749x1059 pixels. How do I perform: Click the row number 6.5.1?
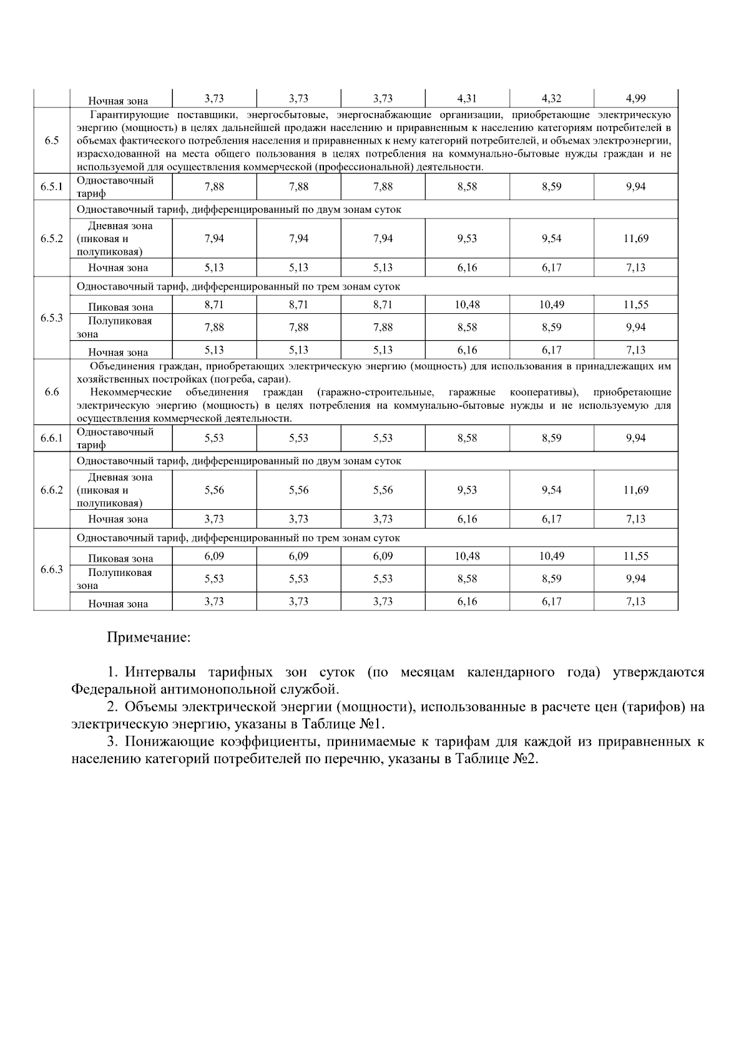pyautogui.click(x=52, y=187)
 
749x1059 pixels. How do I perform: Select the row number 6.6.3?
pyautogui.click(x=52, y=569)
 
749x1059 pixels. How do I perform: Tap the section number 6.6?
pyautogui.click(x=52, y=392)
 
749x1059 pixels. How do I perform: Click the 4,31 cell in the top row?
pyautogui.click(x=467, y=98)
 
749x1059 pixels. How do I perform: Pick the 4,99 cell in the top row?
pyautogui.click(x=635, y=98)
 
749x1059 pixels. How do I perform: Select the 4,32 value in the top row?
pyautogui.click(x=551, y=98)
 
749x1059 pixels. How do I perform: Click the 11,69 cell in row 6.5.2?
pyautogui.click(x=635, y=238)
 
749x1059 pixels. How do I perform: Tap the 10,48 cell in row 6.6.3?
pyautogui.click(x=467, y=556)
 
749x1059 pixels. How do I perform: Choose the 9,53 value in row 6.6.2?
pyautogui.click(x=467, y=490)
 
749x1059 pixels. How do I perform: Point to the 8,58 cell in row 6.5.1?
pyautogui.click(x=467, y=187)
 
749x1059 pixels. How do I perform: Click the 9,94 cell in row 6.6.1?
pyautogui.click(x=635, y=438)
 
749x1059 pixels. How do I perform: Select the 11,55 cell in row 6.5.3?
pyautogui.click(x=635, y=305)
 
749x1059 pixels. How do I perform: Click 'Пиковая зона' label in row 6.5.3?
pyautogui.click(x=120, y=307)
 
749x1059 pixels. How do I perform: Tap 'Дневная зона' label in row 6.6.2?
pyautogui.click(x=120, y=477)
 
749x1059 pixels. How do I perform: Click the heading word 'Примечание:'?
pyautogui.click(x=149, y=638)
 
